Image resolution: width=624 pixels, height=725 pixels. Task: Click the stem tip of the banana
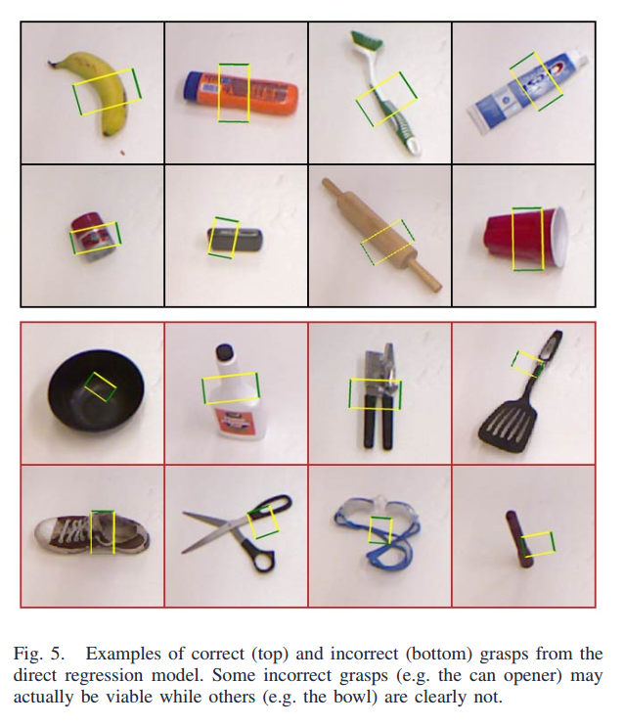click(51, 63)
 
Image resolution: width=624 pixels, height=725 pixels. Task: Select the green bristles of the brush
click(366, 40)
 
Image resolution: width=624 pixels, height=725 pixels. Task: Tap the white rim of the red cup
click(560, 238)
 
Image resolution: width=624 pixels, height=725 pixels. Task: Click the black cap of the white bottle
click(225, 352)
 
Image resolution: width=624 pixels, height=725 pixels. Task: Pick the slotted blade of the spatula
click(508, 426)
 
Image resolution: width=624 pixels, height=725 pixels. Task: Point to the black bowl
click(96, 390)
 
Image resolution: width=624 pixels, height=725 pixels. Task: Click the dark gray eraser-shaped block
click(236, 241)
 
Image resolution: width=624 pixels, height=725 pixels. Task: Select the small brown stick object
click(519, 539)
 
